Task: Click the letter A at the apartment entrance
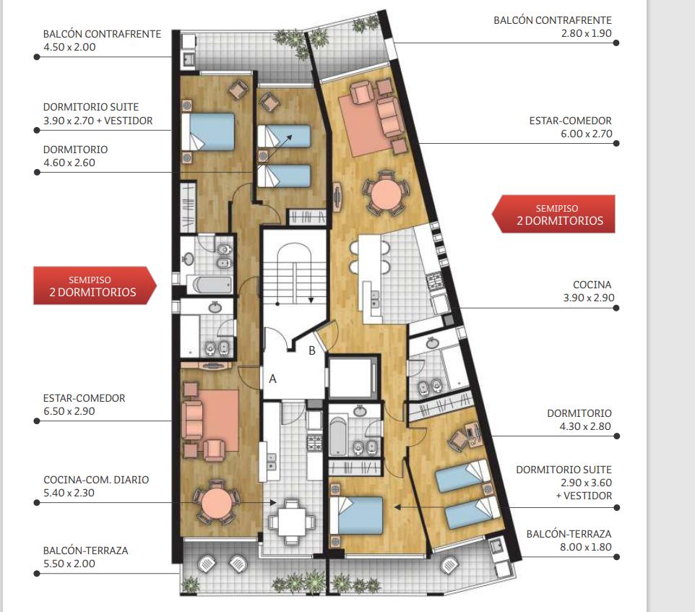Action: (x=272, y=379)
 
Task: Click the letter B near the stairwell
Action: (x=312, y=350)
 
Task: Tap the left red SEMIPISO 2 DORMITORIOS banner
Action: (x=95, y=286)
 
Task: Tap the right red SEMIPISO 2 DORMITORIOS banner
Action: (x=554, y=214)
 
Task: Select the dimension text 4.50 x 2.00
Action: (x=69, y=47)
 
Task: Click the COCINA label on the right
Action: (x=592, y=285)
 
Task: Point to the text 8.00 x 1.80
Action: (x=585, y=547)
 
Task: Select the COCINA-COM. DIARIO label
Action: (x=96, y=480)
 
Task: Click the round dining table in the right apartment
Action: (x=386, y=194)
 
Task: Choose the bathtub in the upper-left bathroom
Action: (x=210, y=285)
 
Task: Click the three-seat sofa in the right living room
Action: (x=391, y=116)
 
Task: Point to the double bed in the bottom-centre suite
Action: (x=356, y=515)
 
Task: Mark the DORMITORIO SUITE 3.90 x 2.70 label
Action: (x=98, y=114)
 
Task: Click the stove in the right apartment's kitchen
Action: (x=433, y=280)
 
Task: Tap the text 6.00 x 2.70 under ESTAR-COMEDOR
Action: (x=586, y=134)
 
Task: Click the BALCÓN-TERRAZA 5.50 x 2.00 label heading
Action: (x=85, y=551)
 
